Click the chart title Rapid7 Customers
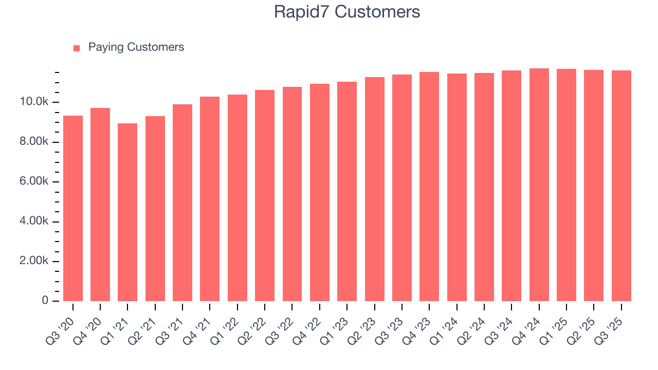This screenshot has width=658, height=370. click(347, 12)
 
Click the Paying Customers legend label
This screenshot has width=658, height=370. click(136, 47)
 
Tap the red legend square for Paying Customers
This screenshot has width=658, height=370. click(77, 48)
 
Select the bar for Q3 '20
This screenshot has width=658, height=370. click(73, 208)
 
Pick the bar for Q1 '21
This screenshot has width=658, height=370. click(127, 212)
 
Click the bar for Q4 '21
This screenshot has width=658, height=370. click(210, 199)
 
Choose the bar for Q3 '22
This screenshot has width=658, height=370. click(292, 194)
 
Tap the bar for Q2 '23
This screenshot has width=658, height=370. click(375, 189)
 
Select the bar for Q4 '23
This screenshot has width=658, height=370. click(429, 187)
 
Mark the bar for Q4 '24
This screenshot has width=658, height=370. click(539, 184)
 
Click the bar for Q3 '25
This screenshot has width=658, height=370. click(622, 186)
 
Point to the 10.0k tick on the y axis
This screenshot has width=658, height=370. click(34, 102)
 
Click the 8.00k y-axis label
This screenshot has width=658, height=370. click(34, 142)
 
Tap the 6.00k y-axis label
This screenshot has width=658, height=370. click(34, 182)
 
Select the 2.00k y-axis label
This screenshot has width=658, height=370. click(34, 261)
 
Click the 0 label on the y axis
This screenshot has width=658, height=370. click(45, 301)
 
